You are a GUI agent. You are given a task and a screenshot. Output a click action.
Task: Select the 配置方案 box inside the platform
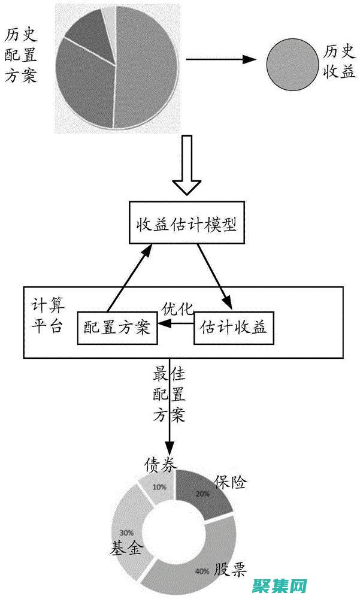117,328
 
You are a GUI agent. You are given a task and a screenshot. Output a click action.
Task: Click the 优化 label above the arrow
177,309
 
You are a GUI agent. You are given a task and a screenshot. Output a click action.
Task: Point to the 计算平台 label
47,316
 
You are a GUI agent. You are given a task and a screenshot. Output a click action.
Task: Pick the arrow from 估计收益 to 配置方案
176,324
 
